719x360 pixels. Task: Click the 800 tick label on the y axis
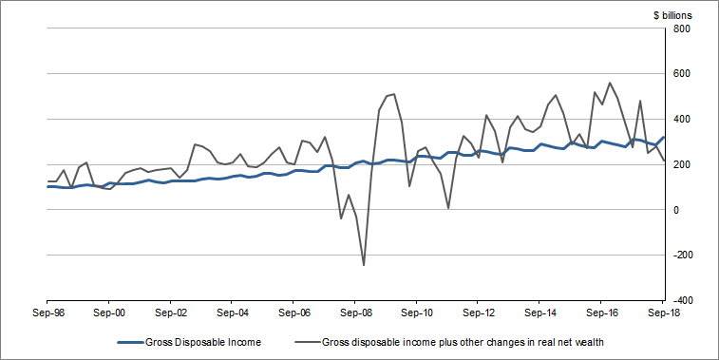tap(681, 28)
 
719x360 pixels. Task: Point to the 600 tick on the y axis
tap(681, 74)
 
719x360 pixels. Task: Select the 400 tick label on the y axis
tap(681, 120)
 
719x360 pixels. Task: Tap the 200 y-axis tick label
tap(681, 165)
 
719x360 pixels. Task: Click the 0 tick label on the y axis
tap(676, 210)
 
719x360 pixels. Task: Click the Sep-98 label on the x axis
tap(47, 311)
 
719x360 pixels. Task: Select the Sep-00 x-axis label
tap(109, 311)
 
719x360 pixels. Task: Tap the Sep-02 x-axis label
tap(171, 311)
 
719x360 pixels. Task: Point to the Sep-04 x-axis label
tap(232, 311)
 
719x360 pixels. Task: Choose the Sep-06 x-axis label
tap(293, 311)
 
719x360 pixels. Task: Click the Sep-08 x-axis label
tap(355, 311)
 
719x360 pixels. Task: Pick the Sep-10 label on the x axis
tap(417, 311)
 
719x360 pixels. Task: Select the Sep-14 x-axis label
tap(539, 311)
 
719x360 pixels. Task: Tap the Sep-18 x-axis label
tap(661, 311)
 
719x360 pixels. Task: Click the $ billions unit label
tap(672, 15)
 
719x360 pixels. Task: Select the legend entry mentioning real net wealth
tap(455, 342)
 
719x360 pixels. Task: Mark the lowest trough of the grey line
tap(364, 265)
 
